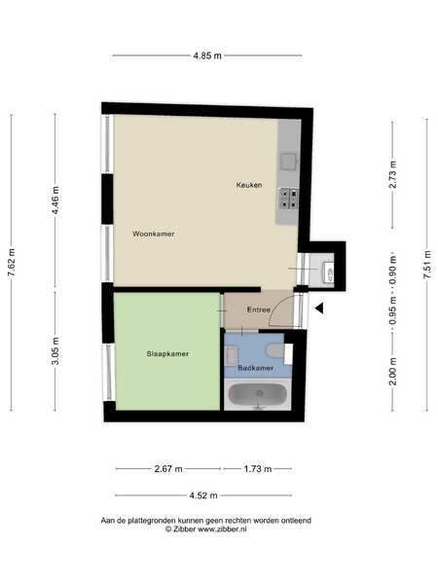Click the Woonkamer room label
(154, 234)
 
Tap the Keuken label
(249, 184)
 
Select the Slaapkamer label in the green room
(167, 354)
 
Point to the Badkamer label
(255, 368)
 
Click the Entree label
(259, 310)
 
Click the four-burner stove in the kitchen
(289, 199)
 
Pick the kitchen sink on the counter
(289, 162)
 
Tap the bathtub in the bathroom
(258, 394)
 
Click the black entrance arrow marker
(319, 308)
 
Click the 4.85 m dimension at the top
(207, 55)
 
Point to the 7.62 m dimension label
(11, 262)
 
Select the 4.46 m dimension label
(55, 200)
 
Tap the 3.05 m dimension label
(55, 350)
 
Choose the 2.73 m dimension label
(392, 174)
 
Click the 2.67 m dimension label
(168, 468)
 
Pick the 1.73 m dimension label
(258, 468)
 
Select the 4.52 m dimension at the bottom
(203, 495)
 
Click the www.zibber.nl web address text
(222, 529)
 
